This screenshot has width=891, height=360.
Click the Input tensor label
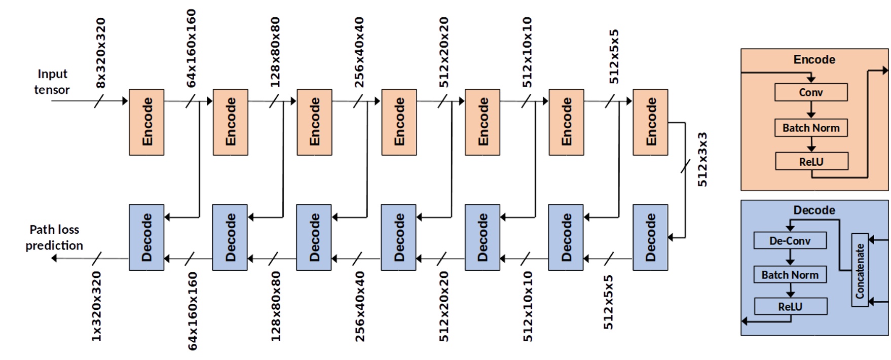[x=52, y=82]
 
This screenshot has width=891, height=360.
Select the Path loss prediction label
[x=54, y=237]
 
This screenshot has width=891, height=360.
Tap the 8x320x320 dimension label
[x=100, y=53]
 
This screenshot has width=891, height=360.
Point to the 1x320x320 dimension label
[x=96, y=306]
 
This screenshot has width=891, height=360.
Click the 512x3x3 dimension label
[x=702, y=160]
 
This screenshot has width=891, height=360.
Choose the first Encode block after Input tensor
[x=146, y=122]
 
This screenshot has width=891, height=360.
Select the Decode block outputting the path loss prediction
[x=146, y=237]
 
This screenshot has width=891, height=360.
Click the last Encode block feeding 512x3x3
[x=650, y=122]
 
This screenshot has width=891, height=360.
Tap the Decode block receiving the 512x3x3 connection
[x=650, y=237]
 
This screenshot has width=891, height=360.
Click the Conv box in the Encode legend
[x=811, y=92]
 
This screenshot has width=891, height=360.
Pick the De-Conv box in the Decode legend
[x=790, y=240]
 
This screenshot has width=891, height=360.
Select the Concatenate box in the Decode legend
[x=860, y=270]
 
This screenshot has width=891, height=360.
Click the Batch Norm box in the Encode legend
[x=811, y=128]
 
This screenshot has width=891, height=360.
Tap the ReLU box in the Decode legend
[x=790, y=306]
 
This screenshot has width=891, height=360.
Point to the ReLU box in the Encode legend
[x=811, y=162]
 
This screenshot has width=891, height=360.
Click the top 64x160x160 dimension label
[x=191, y=48]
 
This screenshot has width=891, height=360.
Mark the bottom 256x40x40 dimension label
[x=359, y=306]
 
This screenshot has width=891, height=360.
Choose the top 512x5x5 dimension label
[x=614, y=57]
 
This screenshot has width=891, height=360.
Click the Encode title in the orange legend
[x=814, y=59]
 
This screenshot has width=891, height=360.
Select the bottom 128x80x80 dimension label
[x=275, y=306]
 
